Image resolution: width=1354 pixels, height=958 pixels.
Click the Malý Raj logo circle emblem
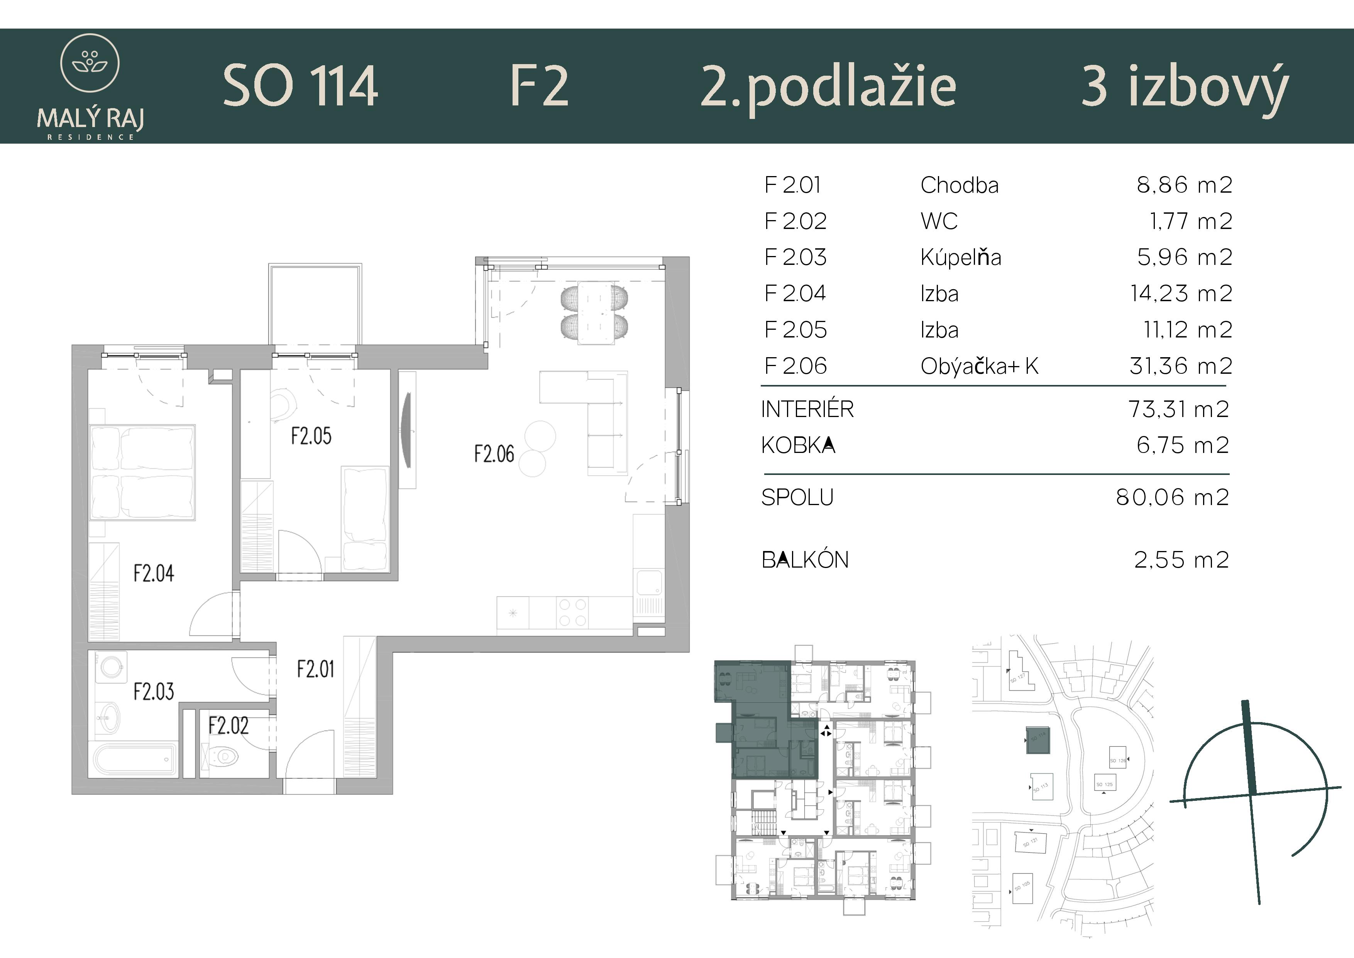[x=90, y=63]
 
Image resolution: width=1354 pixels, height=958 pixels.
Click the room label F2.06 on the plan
[x=494, y=454]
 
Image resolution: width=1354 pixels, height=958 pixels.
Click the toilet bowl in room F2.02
[x=222, y=757]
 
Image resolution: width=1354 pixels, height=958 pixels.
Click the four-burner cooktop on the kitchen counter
[x=572, y=612]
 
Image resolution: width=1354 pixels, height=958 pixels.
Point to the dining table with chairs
[x=594, y=313]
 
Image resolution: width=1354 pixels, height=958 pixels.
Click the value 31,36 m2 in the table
[x=1181, y=366]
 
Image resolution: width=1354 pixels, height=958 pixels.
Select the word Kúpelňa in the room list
[x=961, y=258]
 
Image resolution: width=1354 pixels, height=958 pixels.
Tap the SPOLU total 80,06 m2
[x=1172, y=498]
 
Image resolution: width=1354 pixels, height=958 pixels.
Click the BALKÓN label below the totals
[x=805, y=560]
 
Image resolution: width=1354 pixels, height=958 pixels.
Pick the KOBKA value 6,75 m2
[x=1182, y=445]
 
